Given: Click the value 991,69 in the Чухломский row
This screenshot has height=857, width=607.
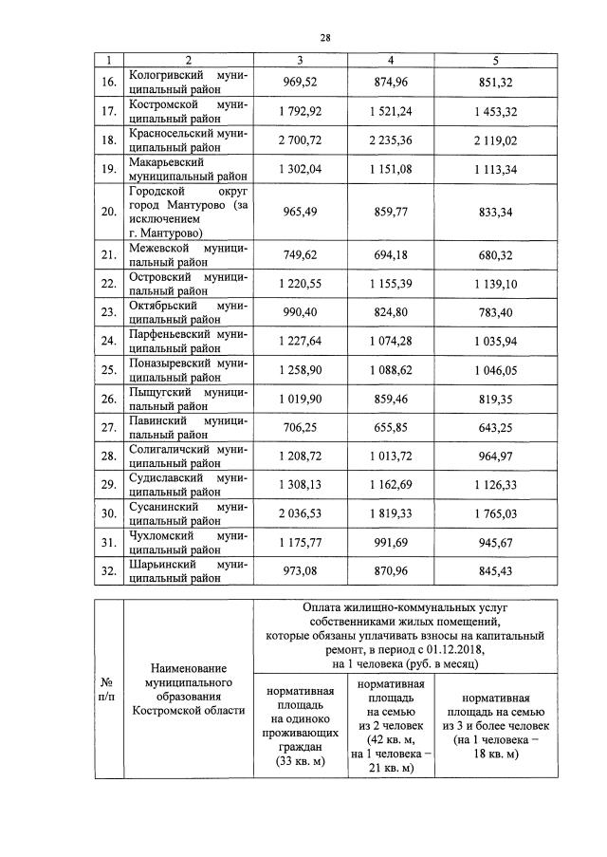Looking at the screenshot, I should (x=396, y=544).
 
